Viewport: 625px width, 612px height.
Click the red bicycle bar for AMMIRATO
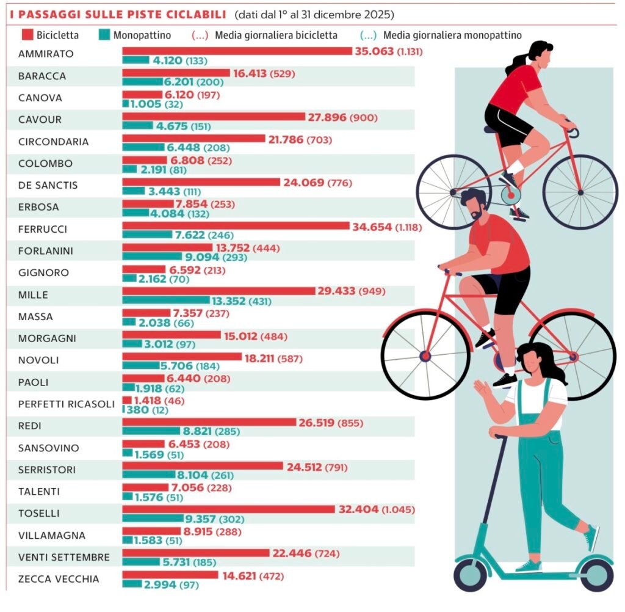(237, 51)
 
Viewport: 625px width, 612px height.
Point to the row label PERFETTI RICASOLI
(66, 404)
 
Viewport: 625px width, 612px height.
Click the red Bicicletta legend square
(26, 35)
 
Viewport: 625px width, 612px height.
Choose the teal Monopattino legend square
(103, 35)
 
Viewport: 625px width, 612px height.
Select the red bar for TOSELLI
(229, 509)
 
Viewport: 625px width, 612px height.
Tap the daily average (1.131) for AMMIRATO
(410, 51)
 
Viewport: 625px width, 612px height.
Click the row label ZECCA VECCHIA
(58, 579)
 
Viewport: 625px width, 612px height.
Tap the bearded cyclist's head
(474, 205)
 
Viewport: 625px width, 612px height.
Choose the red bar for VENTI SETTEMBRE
(196, 553)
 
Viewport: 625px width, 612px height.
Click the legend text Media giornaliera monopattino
(452, 35)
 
